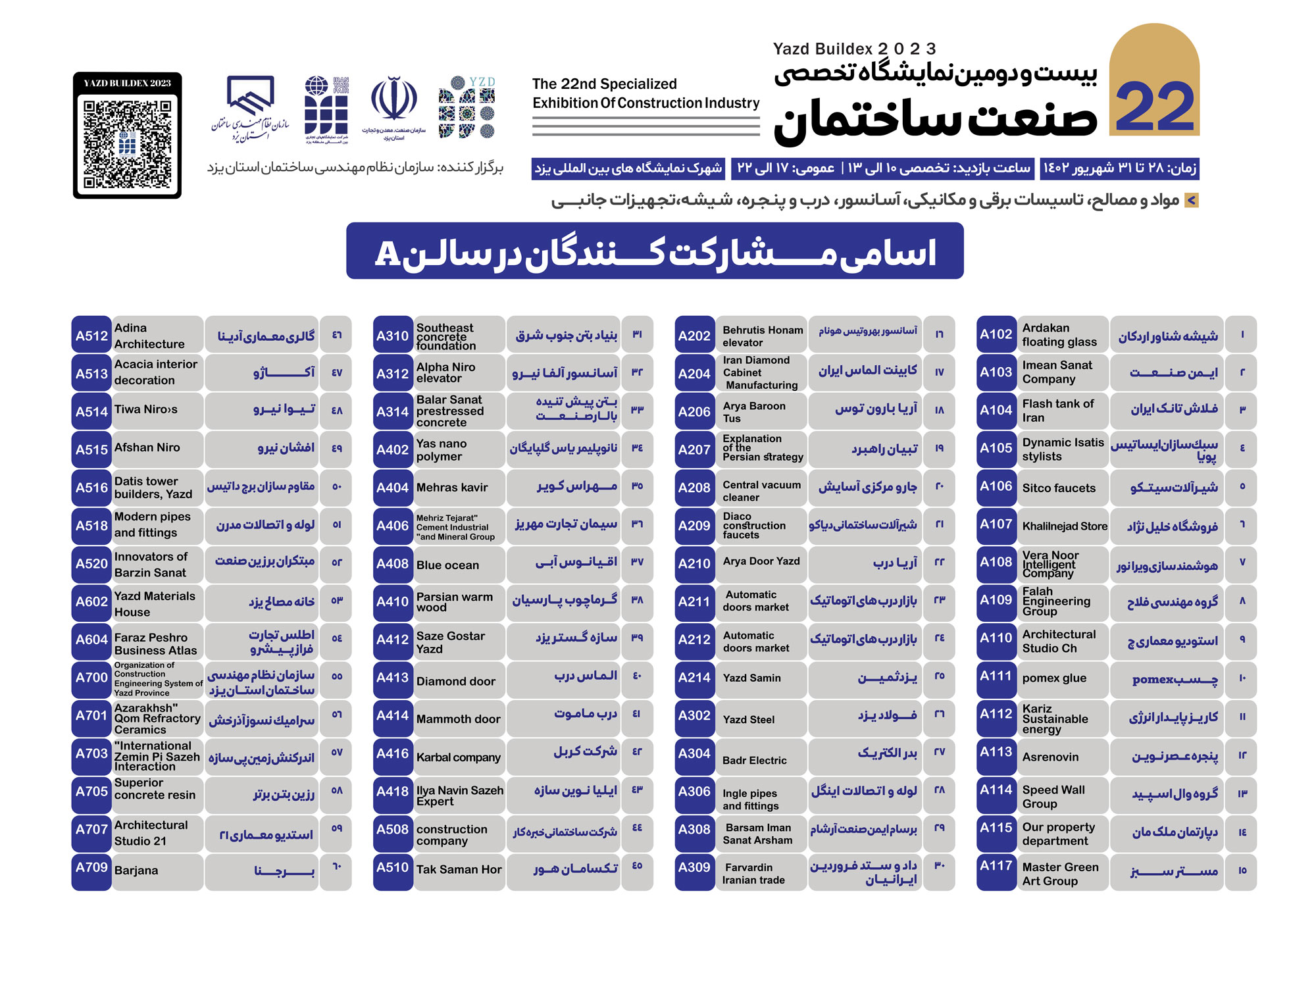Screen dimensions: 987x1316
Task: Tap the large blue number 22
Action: click(x=1155, y=109)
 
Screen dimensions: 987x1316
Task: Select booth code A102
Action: click(x=996, y=334)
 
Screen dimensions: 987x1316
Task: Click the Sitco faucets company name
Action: click(x=1059, y=488)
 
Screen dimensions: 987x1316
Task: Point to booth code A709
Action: click(x=91, y=868)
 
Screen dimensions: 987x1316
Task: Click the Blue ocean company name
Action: click(x=447, y=565)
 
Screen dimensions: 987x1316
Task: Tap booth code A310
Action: click(x=392, y=336)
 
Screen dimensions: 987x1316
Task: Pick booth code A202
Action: click(x=694, y=336)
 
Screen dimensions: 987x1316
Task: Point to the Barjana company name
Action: click(x=136, y=871)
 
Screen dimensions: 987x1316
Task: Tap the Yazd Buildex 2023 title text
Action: click(x=854, y=49)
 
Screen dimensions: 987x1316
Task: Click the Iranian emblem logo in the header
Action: click(x=393, y=102)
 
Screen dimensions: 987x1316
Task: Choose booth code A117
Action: click(x=996, y=867)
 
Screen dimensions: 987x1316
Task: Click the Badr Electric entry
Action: click(x=754, y=761)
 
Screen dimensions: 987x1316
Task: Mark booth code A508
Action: click(x=392, y=830)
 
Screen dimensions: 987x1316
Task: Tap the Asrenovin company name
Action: click(x=1050, y=757)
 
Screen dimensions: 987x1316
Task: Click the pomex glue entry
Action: click(x=1054, y=678)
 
